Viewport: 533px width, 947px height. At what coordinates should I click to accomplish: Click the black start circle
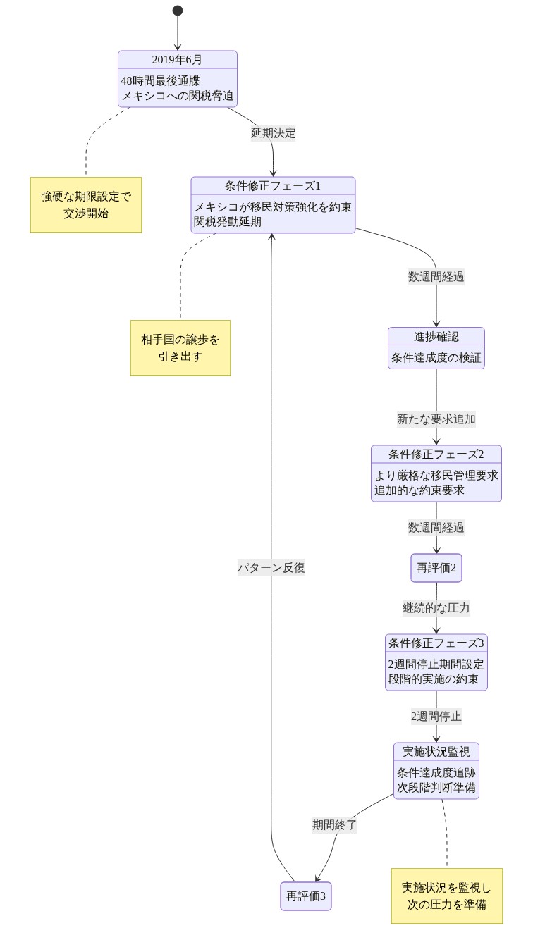(x=178, y=11)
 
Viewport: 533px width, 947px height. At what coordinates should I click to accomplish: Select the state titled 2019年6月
(x=177, y=59)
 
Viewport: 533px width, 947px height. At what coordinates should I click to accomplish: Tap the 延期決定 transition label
(x=274, y=132)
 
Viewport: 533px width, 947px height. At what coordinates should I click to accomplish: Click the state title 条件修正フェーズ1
(x=273, y=186)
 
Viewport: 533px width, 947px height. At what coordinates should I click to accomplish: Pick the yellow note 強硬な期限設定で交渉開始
(x=86, y=204)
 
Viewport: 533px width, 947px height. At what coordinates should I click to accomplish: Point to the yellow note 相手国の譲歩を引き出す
(x=180, y=347)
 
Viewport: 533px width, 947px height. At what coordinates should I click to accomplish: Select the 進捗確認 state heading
(x=436, y=336)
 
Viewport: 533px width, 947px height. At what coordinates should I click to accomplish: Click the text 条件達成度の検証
(x=436, y=358)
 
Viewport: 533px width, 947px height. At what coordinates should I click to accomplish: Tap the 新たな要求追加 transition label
(x=436, y=419)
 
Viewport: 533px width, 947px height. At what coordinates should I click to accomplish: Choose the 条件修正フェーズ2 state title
(x=436, y=453)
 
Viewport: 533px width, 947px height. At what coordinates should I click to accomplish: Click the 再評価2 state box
(x=436, y=568)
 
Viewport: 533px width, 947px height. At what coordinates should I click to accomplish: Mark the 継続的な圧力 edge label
(x=436, y=607)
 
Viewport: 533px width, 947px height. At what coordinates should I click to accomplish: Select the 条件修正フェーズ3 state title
(x=436, y=643)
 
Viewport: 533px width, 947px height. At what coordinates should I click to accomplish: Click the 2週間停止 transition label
(x=436, y=717)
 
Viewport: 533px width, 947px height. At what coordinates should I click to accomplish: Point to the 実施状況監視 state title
(x=436, y=751)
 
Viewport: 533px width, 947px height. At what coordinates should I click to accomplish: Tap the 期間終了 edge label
(x=334, y=824)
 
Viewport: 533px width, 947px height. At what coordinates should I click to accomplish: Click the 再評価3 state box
(x=305, y=896)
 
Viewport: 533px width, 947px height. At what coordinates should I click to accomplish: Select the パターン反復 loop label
(x=271, y=568)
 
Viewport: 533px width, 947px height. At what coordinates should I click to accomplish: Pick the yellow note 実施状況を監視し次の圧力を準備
(x=447, y=896)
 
